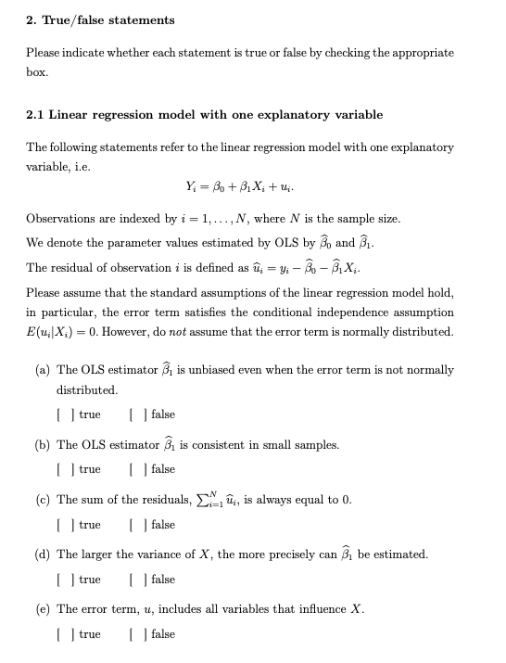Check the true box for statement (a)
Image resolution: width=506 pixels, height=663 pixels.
click(x=62, y=414)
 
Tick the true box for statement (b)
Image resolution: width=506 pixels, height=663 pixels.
click(x=62, y=469)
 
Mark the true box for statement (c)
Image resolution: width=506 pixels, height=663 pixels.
click(x=62, y=525)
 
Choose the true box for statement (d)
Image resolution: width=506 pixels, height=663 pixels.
click(x=62, y=580)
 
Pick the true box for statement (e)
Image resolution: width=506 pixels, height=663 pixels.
click(x=62, y=634)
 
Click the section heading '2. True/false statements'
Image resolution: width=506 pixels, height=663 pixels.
click(x=100, y=19)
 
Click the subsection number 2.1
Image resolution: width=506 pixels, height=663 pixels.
click(x=35, y=115)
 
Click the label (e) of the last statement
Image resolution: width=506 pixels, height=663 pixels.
click(x=42, y=609)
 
